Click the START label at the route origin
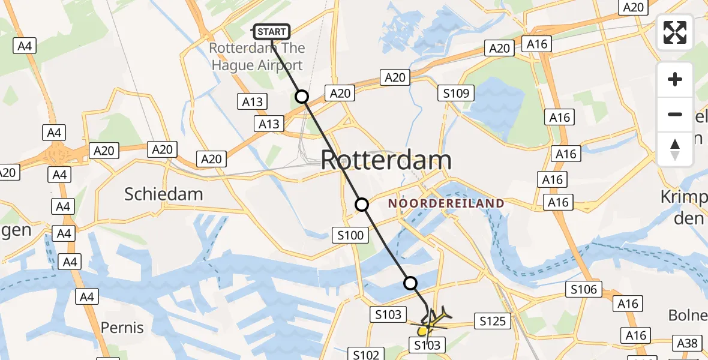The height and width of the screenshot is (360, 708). click(272, 31)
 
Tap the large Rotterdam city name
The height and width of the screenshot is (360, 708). click(386, 160)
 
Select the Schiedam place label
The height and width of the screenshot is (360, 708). click(163, 194)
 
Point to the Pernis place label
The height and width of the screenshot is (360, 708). click(122, 328)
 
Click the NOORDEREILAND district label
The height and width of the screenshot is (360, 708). click(446, 203)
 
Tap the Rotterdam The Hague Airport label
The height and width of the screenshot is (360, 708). click(257, 56)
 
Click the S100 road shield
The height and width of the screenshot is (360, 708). click(350, 235)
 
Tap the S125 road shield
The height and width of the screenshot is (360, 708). click(493, 322)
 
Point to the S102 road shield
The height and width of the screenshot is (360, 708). click(366, 355)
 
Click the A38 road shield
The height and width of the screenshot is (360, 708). click(687, 343)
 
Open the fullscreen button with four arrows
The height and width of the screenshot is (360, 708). click(675, 32)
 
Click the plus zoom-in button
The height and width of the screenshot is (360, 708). click(675, 79)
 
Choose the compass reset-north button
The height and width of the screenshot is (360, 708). click(675, 149)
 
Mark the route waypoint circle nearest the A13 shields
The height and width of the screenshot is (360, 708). click(301, 97)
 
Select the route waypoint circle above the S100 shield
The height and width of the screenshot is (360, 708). click(362, 205)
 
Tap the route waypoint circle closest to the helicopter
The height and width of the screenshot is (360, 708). click(410, 283)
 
